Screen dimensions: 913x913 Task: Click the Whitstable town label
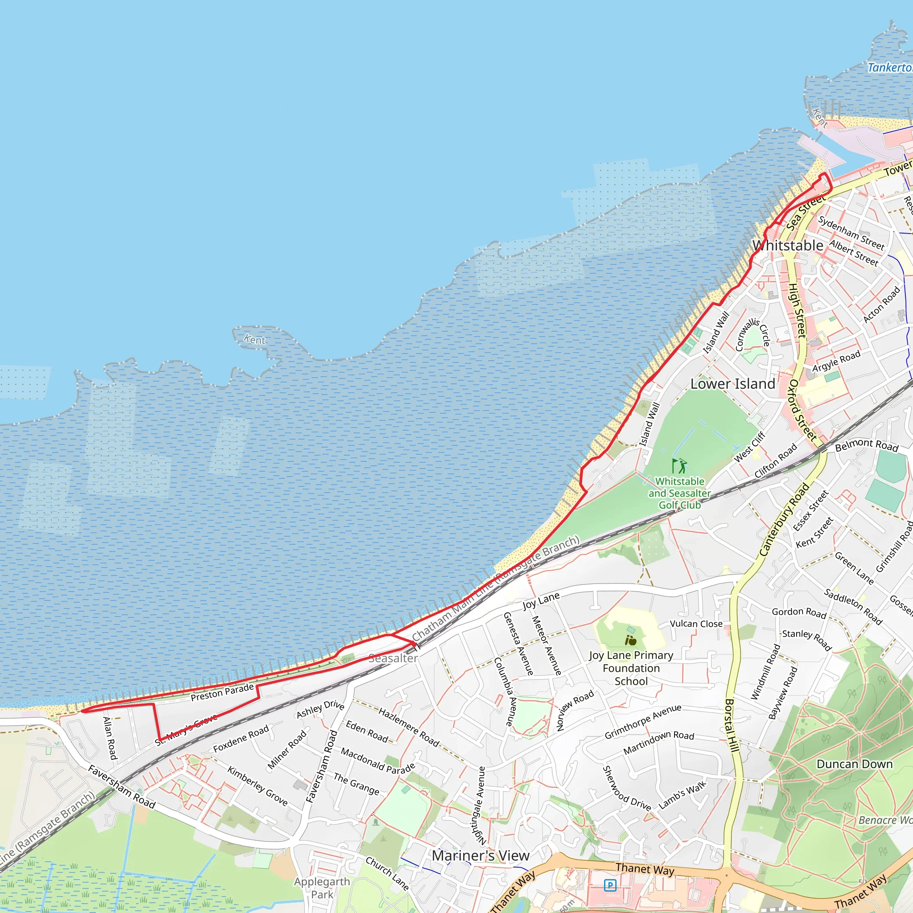click(x=788, y=246)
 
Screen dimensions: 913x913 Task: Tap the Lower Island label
click(x=732, y=384)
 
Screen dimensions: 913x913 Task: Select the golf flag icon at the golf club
click(x=679, y=465)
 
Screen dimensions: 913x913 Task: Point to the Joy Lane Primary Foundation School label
click(x=631, y=668)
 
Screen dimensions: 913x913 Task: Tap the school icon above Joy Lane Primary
click(x=630, y=640)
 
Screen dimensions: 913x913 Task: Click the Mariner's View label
click(x=480, y=855)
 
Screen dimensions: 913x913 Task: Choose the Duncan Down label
click(x=855, y=764)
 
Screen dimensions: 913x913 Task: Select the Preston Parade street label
click(x=222, y=692)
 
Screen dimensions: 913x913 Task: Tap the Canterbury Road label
click(x=784, y=519)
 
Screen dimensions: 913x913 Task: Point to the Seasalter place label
click(x=393, y=658)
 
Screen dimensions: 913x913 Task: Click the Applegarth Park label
click(x=322, y=888)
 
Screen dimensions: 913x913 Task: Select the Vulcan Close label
click(x=696, y=624)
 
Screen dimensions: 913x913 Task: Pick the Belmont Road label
click(x=867, y=445)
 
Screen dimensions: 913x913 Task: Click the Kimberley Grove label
click(x=258, y=786)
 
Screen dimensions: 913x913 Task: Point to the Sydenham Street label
click(x=851, y=233)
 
